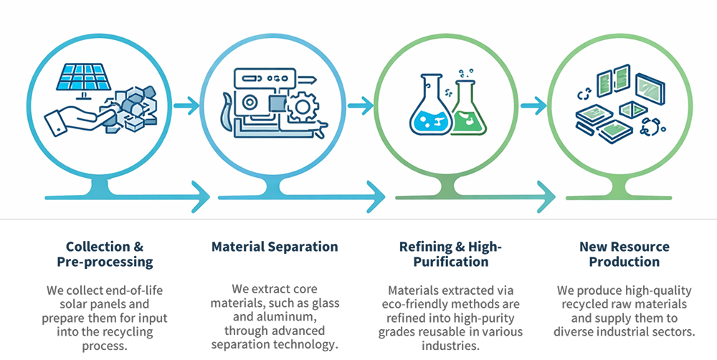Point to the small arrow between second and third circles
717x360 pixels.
click(x=361, y=106)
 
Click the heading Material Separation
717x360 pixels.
click(x=275, y=247)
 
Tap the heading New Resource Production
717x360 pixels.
click(x=624, y=254)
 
